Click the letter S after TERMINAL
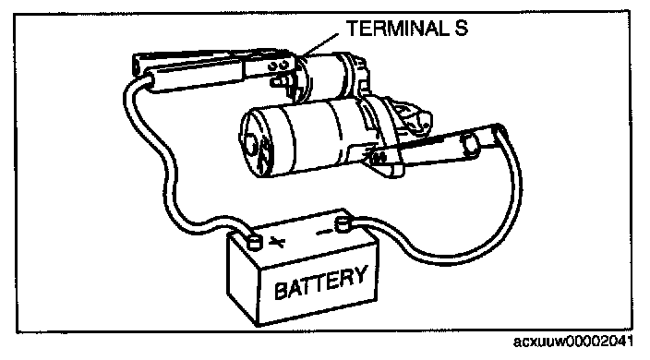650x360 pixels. click(461, 29)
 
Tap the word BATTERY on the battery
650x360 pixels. click(320, 282)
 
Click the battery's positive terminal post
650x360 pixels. click(254, 242)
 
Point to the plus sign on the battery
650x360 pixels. click(276, 242)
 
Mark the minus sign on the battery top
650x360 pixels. click(325, 232)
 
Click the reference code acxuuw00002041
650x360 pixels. click(572, 342)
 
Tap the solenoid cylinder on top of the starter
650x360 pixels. click(328, 77)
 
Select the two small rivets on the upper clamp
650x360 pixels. click(279, 66)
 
